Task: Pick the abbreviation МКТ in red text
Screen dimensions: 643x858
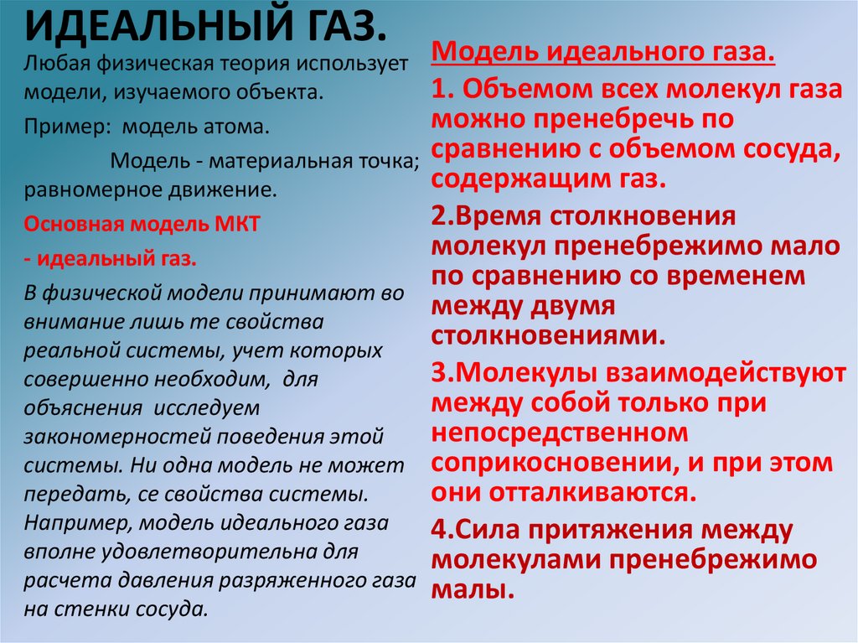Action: pos(238,224)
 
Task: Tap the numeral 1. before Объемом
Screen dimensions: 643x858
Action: pos(442,90)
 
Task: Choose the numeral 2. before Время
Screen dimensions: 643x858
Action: pos(442,216)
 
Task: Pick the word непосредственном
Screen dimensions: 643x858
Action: pos(560,433)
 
